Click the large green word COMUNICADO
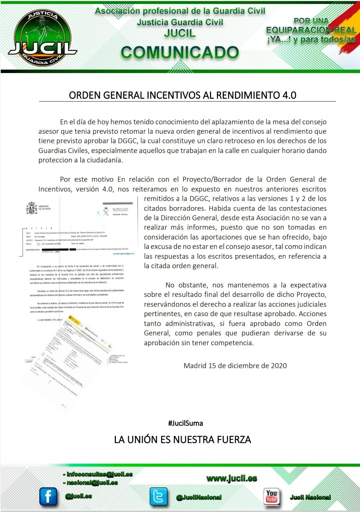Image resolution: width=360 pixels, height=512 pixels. [x=180, y=53]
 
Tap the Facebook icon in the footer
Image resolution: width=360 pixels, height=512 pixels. [x=48, y=496]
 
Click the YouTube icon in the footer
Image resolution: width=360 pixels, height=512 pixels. [x=271, y=496]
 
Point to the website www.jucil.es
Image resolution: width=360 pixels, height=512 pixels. [x=231, y=479]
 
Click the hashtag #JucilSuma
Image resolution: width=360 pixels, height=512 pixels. [x=185, y=423]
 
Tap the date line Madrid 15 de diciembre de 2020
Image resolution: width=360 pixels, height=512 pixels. [x=235, y=366]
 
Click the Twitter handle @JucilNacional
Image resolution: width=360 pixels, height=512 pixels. [x=199, y=497]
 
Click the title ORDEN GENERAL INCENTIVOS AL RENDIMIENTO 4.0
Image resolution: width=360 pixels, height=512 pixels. [x=182, y=95]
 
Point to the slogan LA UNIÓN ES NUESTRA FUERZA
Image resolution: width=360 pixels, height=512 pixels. [x=182, y=440]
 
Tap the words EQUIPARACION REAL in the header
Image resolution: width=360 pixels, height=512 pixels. [x=311, y=30]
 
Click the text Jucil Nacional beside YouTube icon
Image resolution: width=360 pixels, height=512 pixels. [x=310, y=497]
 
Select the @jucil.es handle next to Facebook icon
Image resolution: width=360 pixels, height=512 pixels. [x=78, y=496]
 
